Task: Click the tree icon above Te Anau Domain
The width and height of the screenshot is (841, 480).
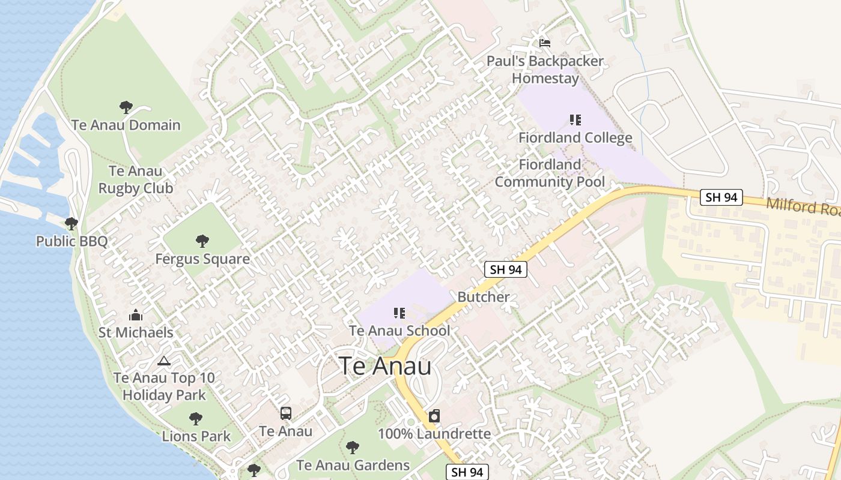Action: click(x=126, y=107)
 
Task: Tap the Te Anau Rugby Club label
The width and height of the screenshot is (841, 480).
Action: click(x=136, y=179)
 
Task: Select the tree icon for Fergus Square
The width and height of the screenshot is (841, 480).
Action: click(x=202, y=241)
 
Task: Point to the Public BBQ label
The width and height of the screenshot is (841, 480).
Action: click(x=71, y=241)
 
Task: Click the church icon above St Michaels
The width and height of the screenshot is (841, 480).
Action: click(x=136, y=315)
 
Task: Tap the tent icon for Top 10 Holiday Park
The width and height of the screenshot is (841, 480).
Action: click(x=163, y=361)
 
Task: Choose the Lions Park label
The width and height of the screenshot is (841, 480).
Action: click(x=196, y=436)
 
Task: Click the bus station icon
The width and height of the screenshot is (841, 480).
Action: click(x=286, y=413)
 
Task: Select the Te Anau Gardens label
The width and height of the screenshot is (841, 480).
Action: click(x=353, y=465)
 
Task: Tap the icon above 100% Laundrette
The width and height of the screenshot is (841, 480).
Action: click(x=434, y=416)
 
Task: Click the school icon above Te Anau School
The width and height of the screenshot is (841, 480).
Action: click(x=399, y=313)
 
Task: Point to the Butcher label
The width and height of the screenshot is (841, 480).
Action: click(x=483, y=296)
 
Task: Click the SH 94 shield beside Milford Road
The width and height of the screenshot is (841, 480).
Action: click(x=721, y=197)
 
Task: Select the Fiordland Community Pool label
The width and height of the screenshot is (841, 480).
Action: click(x=550, y=173)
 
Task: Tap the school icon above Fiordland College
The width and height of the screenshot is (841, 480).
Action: click(x=575, y=120)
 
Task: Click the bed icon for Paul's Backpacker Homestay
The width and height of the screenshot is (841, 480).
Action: click(x=545, y=43)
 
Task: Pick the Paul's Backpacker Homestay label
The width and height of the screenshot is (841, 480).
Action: click(x=545, y=70)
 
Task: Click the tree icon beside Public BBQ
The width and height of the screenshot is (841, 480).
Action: click(x=71, y=224)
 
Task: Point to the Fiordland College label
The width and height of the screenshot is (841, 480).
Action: click(x=575, y=137)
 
